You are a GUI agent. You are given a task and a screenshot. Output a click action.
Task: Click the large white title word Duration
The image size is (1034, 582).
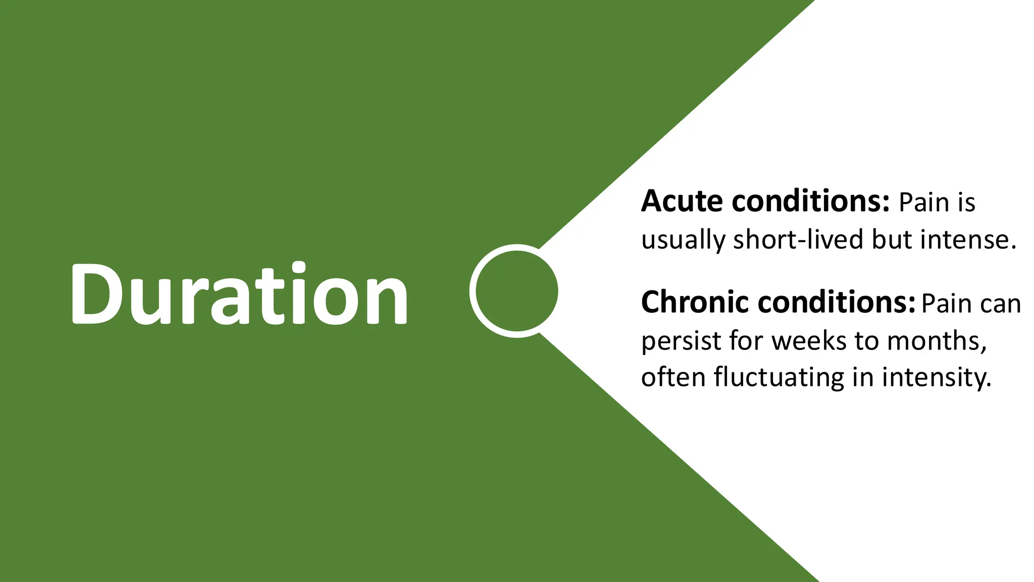tap(238, 294)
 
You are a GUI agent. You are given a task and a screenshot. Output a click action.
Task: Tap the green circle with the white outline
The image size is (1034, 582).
tap(516, 290)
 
